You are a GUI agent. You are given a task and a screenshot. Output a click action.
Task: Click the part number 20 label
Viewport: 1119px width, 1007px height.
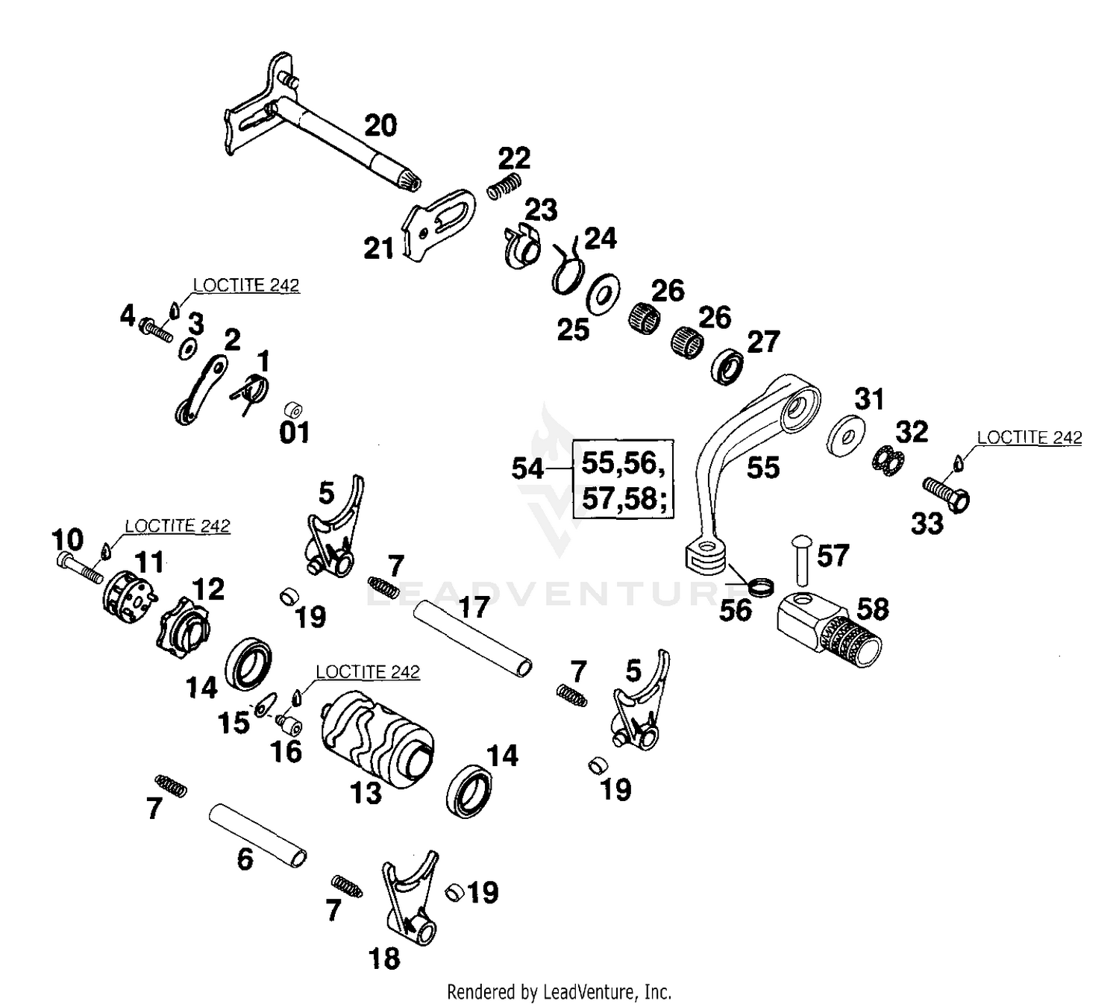click(x=380, y=125)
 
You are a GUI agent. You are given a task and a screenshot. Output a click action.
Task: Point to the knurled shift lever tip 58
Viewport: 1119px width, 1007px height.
click(x=828, y=630)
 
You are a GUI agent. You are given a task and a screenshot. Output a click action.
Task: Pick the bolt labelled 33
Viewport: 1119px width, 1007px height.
click(x=946, y=494)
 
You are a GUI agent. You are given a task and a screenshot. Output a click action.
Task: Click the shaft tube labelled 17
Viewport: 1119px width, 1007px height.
click(x=473, y=636)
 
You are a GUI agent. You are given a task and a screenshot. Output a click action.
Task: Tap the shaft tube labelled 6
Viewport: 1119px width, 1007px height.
click(x=257, y=834)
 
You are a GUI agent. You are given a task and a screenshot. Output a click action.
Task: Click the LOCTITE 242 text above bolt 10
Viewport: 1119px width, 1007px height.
click(x=178, y=526)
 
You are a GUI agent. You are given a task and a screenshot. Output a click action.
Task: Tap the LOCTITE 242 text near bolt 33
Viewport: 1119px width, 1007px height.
click(x=1029, y=438)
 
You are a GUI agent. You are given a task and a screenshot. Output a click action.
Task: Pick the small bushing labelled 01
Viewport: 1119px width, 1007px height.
click(x=293, y=410)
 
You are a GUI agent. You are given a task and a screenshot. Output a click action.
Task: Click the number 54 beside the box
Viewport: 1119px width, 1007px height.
click(x=527, y=468)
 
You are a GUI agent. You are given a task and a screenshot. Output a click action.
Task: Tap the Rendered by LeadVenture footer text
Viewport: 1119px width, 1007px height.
click(x=559, y=992)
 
